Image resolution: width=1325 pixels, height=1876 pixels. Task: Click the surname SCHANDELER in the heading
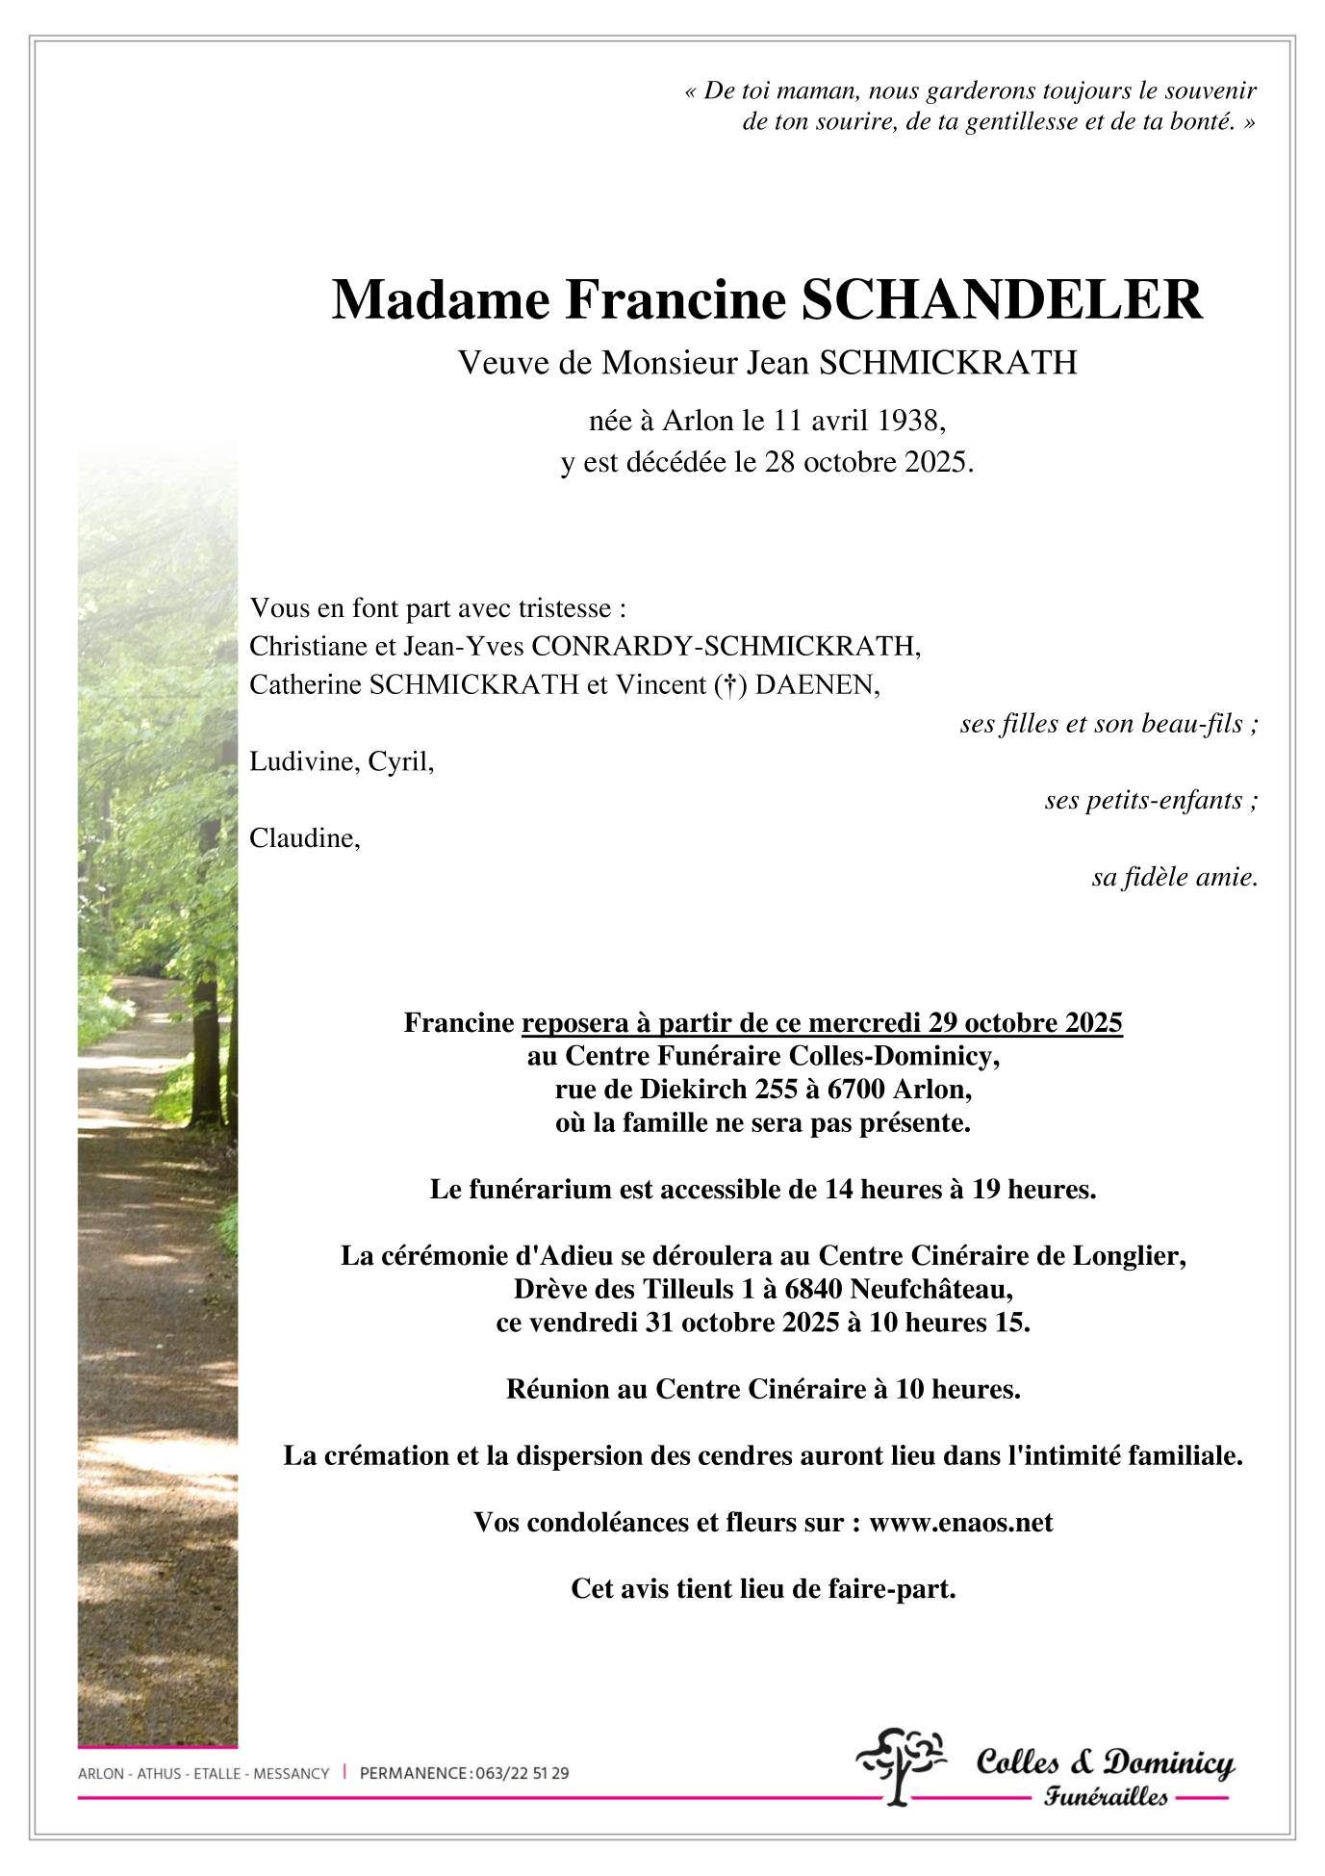tap(1002, 300)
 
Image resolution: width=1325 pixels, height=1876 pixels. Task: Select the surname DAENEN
tap(816, 685)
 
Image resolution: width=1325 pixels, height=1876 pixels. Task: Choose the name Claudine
tap(303, 838)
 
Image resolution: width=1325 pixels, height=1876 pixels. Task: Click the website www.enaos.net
tap(960, 1523)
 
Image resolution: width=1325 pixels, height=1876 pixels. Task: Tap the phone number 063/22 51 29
tap(522, 1774)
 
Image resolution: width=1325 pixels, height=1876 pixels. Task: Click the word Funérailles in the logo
tap(1107, 1798)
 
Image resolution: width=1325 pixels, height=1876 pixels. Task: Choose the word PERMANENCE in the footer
tap(414, 1774)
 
